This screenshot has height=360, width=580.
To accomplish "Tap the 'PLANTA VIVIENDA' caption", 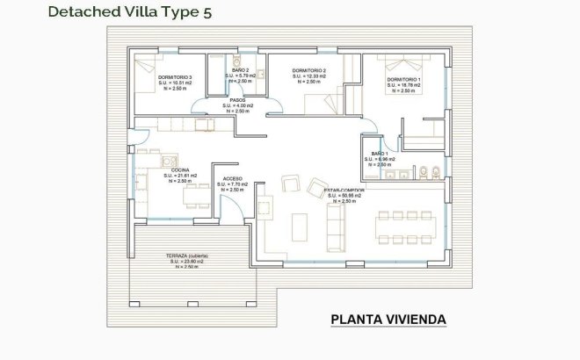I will pyautogui.click(x=388, y=320).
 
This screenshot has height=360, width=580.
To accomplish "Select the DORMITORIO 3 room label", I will pyautogui.click(x=175, y=77).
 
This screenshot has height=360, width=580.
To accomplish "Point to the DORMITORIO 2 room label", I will pyautogui.click(x=308, y=70).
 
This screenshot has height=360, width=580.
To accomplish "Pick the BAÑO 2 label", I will pyautogui.click(x=241, y=69).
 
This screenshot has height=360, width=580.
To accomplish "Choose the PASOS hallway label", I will pyautogui.click(x=237, y=99).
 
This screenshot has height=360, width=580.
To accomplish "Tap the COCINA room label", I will pyautogui.click(x=180, y=169).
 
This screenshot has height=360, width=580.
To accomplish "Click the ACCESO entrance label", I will pyautogui.click(x=233, y=177).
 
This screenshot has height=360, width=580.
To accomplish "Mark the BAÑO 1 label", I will pyautogui.click(x=381, y=154).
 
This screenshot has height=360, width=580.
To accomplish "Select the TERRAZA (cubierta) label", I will pyautogui.click(x=186, y=256).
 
